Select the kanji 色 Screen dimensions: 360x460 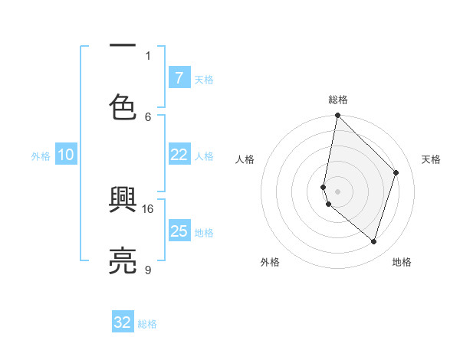(x=123, y=107)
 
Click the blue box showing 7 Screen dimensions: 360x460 (x=179, y=77)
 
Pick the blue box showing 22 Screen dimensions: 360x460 (x=179, y=155)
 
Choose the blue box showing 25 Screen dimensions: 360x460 (x=179, y=231)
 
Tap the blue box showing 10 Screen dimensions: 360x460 (x=66, y=155)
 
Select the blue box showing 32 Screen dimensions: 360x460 (x=123, y=322)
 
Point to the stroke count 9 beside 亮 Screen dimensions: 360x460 (x=147, y=270)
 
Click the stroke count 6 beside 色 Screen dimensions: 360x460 (x=148, y=116)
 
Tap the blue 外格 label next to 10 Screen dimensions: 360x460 (x=41, y=156)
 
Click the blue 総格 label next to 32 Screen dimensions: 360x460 (x=147, y=324)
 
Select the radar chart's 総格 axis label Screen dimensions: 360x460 (x=338, y=100)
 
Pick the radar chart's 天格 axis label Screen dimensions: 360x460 (x=432, y=159)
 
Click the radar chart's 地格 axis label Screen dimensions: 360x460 (x=402, y=262)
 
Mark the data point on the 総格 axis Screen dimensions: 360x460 (x=337, y=116)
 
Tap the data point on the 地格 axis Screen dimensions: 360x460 (x=373, y=241)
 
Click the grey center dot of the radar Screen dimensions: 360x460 (x=337, y=191)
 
